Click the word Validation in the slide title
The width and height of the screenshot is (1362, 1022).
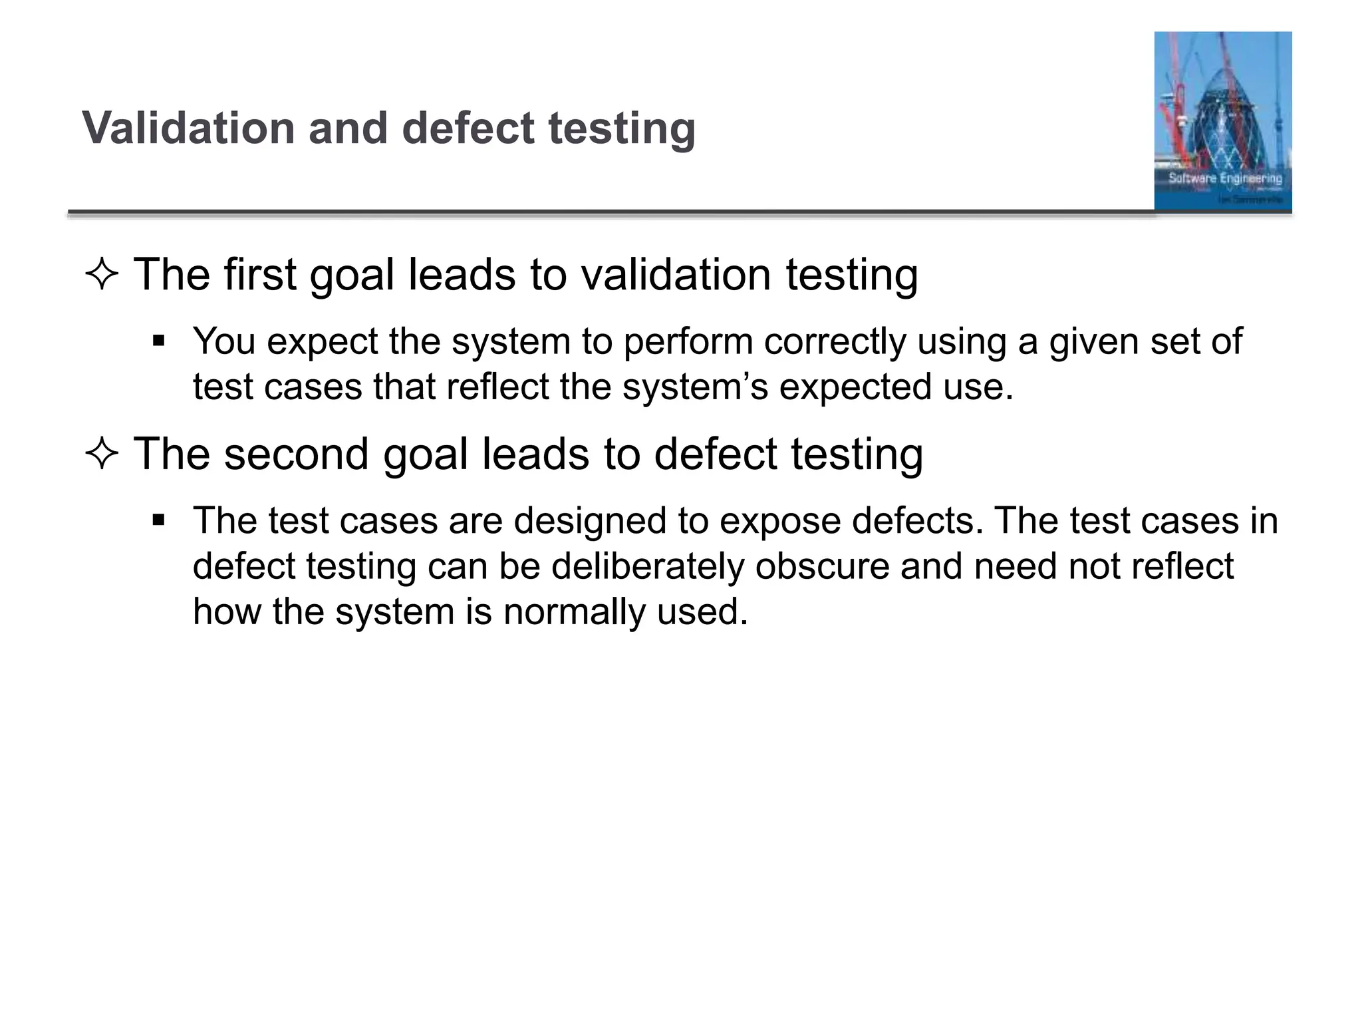coord(188,128)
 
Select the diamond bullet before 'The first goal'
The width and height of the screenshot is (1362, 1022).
coord(102,275)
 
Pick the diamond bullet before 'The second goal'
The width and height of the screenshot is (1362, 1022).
coord(102,455)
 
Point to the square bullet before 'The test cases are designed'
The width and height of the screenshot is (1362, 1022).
coord(158,520)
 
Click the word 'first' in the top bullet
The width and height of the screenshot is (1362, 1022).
coord(259,274)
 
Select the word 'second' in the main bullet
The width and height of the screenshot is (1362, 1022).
coord(297,454)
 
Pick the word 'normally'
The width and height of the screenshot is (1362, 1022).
coord(574,611)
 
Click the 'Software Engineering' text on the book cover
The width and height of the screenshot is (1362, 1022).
coord(1225,178)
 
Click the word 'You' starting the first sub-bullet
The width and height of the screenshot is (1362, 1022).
coord(224,342)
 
